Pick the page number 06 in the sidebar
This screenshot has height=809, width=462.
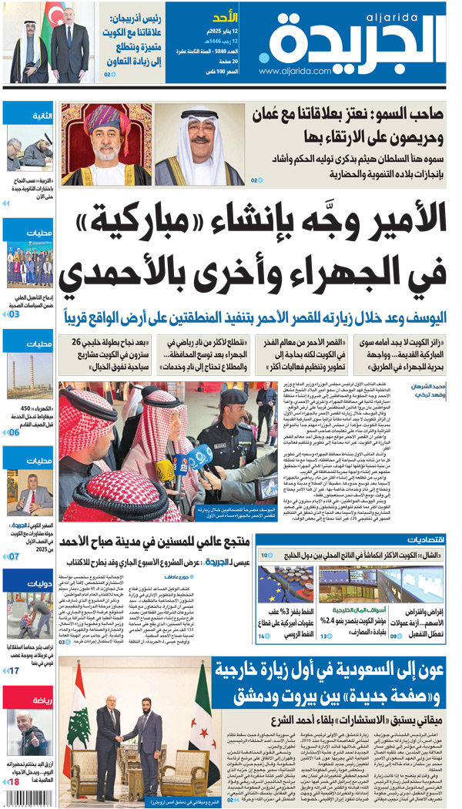pos(13,432)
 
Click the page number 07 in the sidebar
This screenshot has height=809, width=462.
pos(13,556)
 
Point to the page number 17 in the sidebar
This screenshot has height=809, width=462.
pos(14,670)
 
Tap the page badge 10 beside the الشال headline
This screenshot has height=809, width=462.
pos(266,555)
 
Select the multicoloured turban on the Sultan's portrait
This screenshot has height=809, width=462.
pos(108,119)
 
